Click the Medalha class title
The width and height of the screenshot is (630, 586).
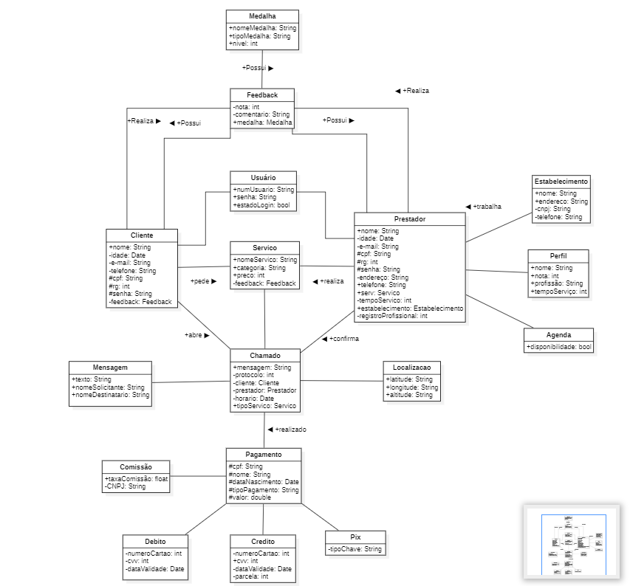coord(262,16)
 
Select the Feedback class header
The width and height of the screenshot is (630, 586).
coord(262,95)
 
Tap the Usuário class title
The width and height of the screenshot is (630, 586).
coord(263,178)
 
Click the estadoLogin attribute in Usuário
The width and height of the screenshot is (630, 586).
coord(263,205)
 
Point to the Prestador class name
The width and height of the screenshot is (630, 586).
coord(409,219)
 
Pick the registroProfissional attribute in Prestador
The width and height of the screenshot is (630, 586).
coord(392,316)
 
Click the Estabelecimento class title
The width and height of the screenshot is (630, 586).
coord(561,181)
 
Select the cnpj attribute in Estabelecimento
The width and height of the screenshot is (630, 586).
coord(554,209)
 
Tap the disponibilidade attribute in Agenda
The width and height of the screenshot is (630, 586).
coord(558,346)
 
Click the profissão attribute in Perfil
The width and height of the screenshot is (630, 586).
coord(556,283)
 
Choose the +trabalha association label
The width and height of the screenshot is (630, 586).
coord(484,207)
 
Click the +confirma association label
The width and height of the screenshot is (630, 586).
coord(340,339)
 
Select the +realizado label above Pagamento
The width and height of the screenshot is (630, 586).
coord(287,429)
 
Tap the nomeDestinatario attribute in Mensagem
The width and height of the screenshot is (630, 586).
coord(110,395)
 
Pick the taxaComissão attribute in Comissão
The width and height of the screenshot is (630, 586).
coord(136,478)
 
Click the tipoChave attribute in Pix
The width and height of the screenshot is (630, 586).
coord(355,549)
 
